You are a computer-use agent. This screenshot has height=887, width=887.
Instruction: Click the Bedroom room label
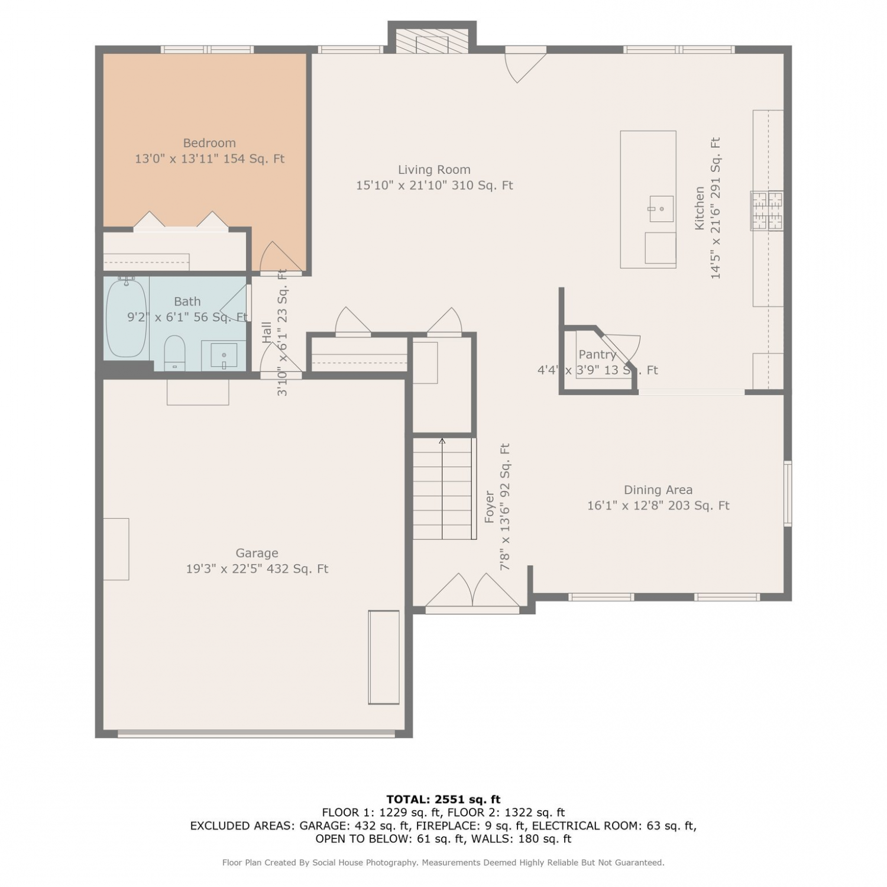pyautogui.click(x=209, y=143)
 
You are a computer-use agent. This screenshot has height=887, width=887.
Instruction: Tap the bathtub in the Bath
pyautogui.click(x=126, y=317)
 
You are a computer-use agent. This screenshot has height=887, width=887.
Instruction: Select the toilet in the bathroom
pyautogui.click(x=174, y=353)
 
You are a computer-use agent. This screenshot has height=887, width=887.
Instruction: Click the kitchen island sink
pyautogui.click(x=662, y=209)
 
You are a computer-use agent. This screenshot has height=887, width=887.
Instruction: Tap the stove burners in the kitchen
pyautogui.click(x=768, y=211)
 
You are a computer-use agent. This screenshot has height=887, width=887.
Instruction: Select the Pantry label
pyautogui.click(x=597, y=355)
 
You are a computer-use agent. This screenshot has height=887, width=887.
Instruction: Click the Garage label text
pyautogui.click(x=257, y=553)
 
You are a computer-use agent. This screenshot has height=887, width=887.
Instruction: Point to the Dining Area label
pyautogui.click(x=658, y=490)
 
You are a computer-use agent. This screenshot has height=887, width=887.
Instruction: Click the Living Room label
pyautogui.click(x=434, y=170)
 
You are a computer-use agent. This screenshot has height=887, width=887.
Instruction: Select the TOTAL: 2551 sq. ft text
pyautogui.click(x=444, y=799)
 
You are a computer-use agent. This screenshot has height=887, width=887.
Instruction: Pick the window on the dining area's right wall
pyautogui.click(x=788, y=494)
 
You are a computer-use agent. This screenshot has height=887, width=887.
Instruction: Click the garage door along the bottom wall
pyautogui.click(x=257, y=734)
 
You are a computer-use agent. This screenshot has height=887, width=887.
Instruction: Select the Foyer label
pyautogui.click(x=490, y=507)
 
